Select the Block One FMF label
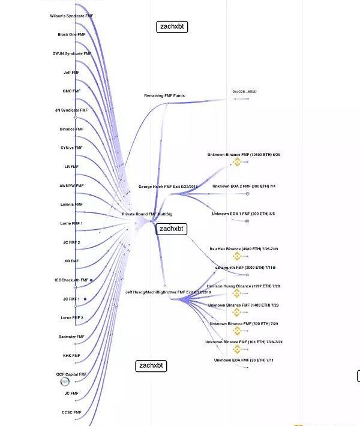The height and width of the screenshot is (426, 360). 71,35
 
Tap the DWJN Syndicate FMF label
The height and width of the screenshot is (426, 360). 72,53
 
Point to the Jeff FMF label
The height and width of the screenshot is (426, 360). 71,73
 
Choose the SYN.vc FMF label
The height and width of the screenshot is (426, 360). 71,148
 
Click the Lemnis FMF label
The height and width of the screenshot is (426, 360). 71,205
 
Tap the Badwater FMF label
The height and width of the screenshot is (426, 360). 71,337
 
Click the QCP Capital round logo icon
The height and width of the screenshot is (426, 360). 65,382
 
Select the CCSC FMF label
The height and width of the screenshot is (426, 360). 71,412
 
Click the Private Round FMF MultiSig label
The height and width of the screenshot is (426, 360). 147,214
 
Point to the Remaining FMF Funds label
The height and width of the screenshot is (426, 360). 164,95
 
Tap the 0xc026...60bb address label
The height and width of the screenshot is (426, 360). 244,92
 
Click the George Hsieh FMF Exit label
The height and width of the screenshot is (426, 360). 168,187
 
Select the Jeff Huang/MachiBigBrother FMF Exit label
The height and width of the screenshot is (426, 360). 168,292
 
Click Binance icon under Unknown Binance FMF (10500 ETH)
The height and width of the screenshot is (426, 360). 237,162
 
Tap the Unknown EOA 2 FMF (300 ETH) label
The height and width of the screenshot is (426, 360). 244,187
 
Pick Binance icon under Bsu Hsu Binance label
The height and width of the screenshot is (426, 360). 237,256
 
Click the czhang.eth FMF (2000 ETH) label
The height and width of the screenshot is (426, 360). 244,268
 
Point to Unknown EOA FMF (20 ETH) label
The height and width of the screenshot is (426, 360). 244,360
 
